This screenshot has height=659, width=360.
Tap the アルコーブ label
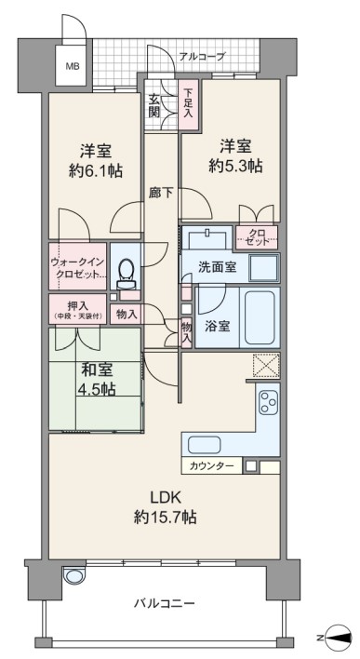coord(203,56)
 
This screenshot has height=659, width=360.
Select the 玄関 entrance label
coord(154,106)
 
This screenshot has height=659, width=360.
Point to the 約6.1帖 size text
coord(96,170)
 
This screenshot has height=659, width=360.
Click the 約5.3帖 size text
coord(235,167)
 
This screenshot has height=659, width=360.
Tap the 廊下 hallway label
coord(162,193)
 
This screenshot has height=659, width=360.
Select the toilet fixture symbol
coord(126,274)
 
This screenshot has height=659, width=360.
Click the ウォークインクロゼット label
coord(77,267)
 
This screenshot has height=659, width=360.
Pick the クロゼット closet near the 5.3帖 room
coord(257,237)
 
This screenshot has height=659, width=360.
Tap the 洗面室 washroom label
coord(217,267)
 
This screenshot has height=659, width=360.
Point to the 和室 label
coord(97,370)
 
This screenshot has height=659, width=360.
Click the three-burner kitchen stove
coord(269,402)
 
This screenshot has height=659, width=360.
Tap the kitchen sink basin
coord(204,445)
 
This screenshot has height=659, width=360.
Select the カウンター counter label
coord(211,466)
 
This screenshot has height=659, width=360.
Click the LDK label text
coord(166,497)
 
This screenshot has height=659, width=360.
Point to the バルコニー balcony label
coord(165,604)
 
